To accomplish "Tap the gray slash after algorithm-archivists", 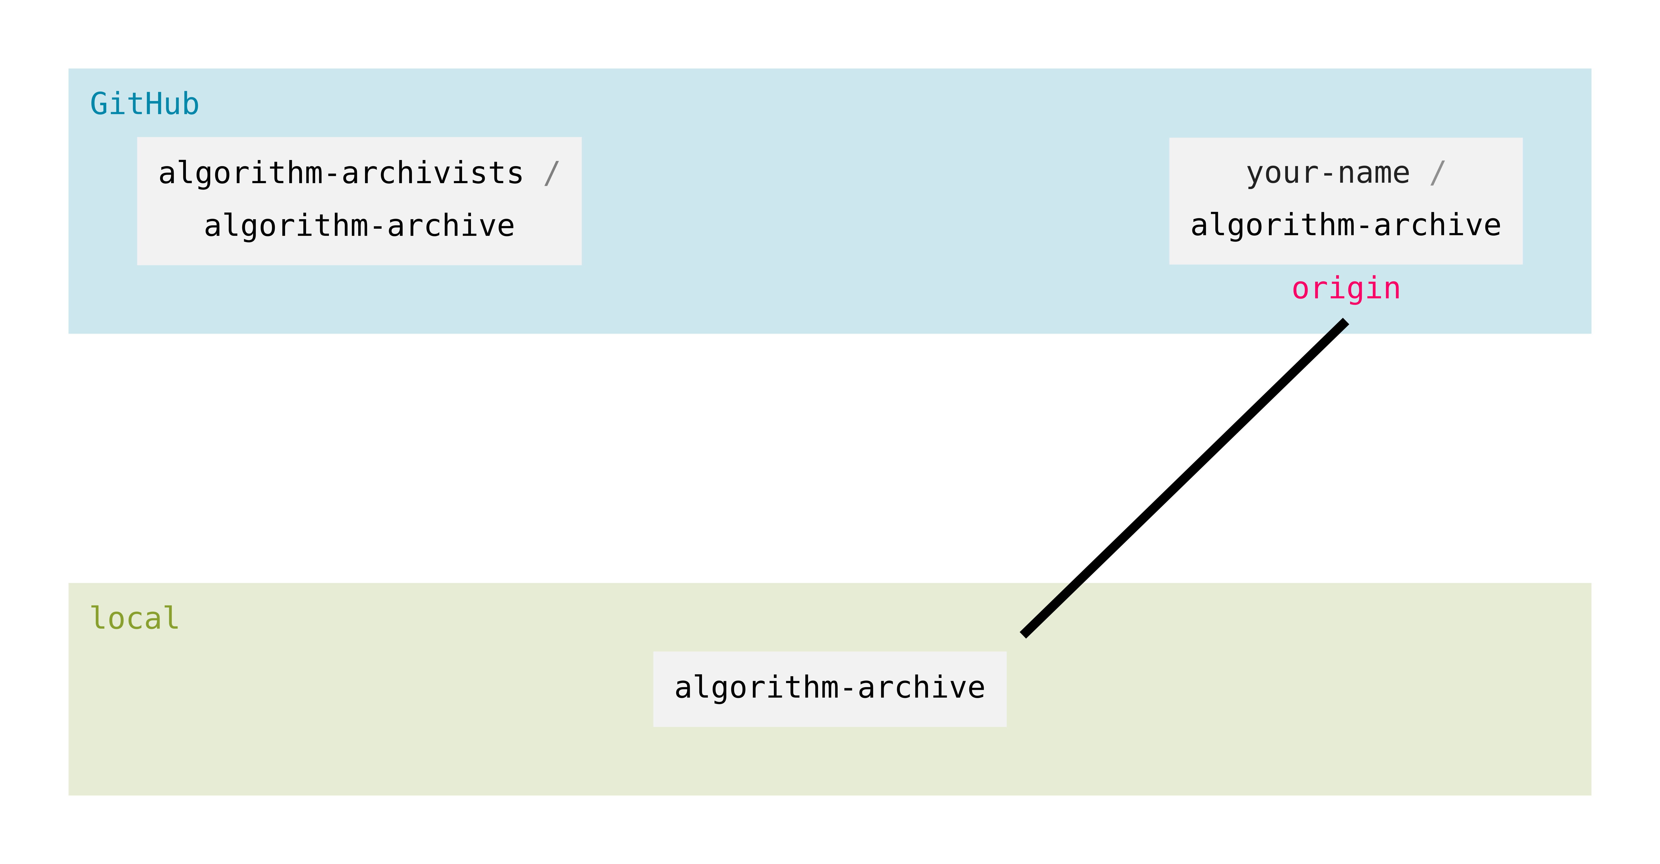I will point(551,173).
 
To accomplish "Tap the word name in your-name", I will point(1374,173).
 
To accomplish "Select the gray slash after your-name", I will point(1437,173).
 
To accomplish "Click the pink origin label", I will point(1346,289).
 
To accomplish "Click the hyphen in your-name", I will point(1328,173).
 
